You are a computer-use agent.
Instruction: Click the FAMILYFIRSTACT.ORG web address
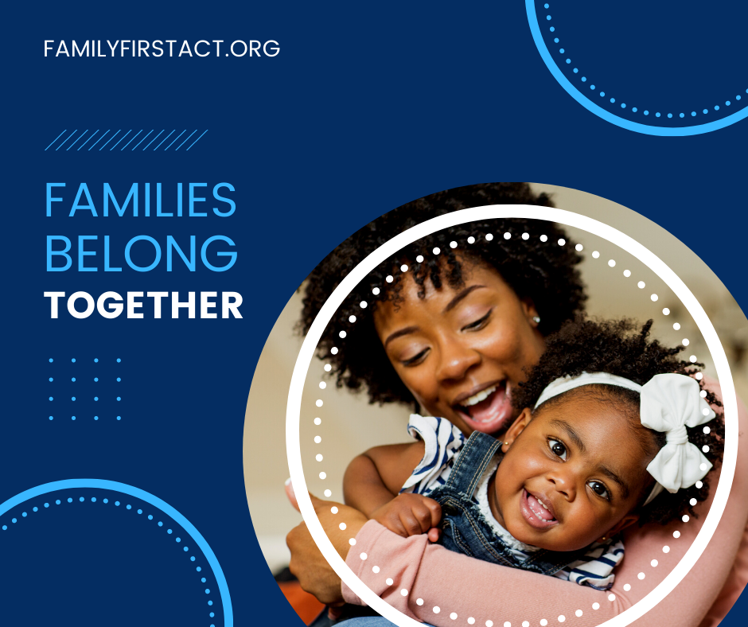162,49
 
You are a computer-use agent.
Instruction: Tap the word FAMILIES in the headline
141,200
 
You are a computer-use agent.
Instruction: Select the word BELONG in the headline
141,253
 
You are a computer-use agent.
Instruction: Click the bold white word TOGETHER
143,306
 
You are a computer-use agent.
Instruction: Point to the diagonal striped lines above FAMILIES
127,140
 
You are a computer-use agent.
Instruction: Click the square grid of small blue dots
85,389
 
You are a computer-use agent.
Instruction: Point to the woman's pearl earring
536,319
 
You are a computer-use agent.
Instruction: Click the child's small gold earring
506,443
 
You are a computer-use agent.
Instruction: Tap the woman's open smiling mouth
481,406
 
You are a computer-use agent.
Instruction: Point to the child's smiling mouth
539,509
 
